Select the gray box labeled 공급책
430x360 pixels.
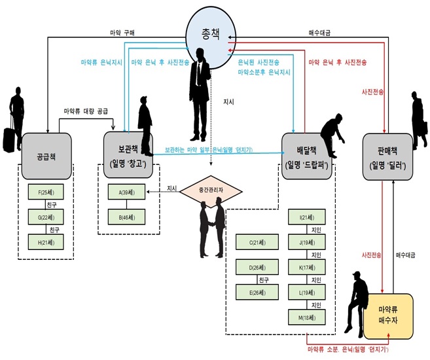(45, 156)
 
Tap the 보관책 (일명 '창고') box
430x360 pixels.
(129, 156)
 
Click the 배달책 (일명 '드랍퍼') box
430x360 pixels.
(307, 156)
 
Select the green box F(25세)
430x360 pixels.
(46, 192)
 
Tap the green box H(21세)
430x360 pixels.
(46, 242)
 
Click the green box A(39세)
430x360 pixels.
(126, 192)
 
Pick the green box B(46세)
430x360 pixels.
(126, 217)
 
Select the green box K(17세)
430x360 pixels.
(306, 267)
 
